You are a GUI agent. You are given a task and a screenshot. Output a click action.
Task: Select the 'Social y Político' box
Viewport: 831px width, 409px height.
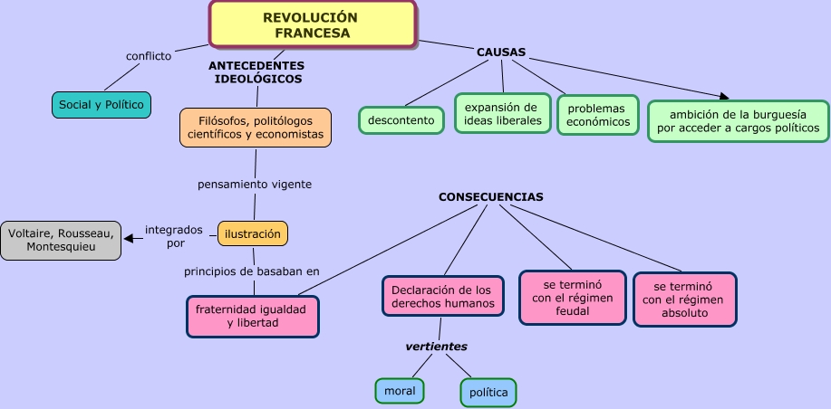(101, 105)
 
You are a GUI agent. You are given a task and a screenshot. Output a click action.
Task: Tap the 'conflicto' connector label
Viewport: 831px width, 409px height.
(149, 56)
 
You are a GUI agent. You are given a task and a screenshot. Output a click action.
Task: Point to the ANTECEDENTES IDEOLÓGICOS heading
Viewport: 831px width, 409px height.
(257, 72)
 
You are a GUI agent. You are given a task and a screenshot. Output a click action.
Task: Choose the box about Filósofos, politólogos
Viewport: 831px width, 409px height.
(256, 127)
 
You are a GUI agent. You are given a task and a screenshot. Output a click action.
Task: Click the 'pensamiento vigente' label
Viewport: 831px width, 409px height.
(255, 184)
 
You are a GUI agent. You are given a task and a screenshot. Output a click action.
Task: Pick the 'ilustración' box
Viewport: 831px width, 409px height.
(253, 233)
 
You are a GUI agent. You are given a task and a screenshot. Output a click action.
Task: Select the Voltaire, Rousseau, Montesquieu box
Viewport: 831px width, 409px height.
(61, 240)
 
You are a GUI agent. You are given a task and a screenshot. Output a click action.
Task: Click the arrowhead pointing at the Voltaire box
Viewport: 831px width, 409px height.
(129, 239)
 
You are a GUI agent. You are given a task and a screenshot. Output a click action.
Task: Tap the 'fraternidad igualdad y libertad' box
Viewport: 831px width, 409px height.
(253, 316)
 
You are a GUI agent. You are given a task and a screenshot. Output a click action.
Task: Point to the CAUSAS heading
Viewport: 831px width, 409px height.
(501, 52)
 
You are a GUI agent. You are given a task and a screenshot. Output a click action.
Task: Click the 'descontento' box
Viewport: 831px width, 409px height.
(401, 120)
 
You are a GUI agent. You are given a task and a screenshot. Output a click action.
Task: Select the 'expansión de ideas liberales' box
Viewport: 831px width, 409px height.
(503, 114)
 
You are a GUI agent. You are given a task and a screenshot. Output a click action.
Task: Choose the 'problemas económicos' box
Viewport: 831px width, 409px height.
(598, 115)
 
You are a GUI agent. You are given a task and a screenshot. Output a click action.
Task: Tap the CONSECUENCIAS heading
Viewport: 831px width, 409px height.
(491, 196)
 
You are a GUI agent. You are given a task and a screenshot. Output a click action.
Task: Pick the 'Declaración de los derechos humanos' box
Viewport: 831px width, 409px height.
(443, 297)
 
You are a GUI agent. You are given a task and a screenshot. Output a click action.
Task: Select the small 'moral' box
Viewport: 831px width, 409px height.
(400, 391)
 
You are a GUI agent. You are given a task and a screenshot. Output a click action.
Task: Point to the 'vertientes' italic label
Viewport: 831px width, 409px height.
(437, 346)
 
